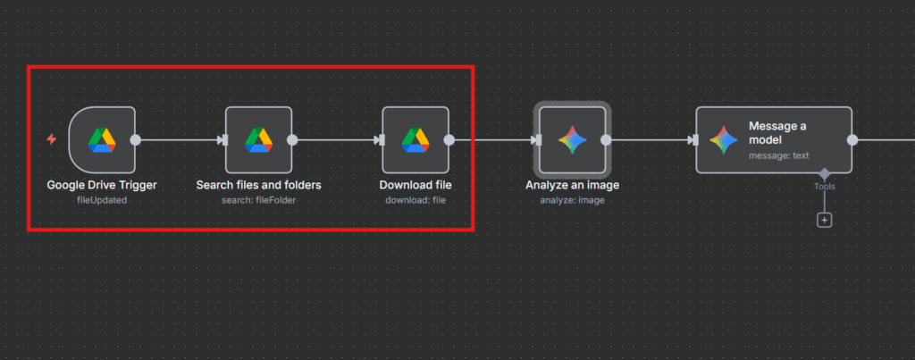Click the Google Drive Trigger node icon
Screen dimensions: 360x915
(102, 139)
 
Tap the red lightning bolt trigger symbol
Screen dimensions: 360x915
(51, 139)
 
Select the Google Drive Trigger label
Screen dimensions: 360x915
(102, 185)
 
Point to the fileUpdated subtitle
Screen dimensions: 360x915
(102, 200)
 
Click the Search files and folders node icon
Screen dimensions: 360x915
(259, 139)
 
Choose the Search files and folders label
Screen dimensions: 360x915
(258, 185)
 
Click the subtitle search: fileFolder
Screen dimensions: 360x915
(258, 200)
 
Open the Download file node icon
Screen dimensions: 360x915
(416, 139)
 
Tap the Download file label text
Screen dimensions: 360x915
(416, 185)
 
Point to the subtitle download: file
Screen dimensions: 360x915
(416, 200)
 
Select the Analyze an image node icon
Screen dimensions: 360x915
(572, 139)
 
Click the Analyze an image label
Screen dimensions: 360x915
(572, 185)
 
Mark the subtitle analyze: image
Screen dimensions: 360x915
(572, 200)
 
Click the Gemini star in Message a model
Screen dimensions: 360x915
(723, 139)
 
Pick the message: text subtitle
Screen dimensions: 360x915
(778, 155)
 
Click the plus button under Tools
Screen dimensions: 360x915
(824, 219)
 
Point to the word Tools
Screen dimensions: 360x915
(824, 187)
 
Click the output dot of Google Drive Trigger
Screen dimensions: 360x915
(136, 139)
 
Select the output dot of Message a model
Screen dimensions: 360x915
(852, 139)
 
